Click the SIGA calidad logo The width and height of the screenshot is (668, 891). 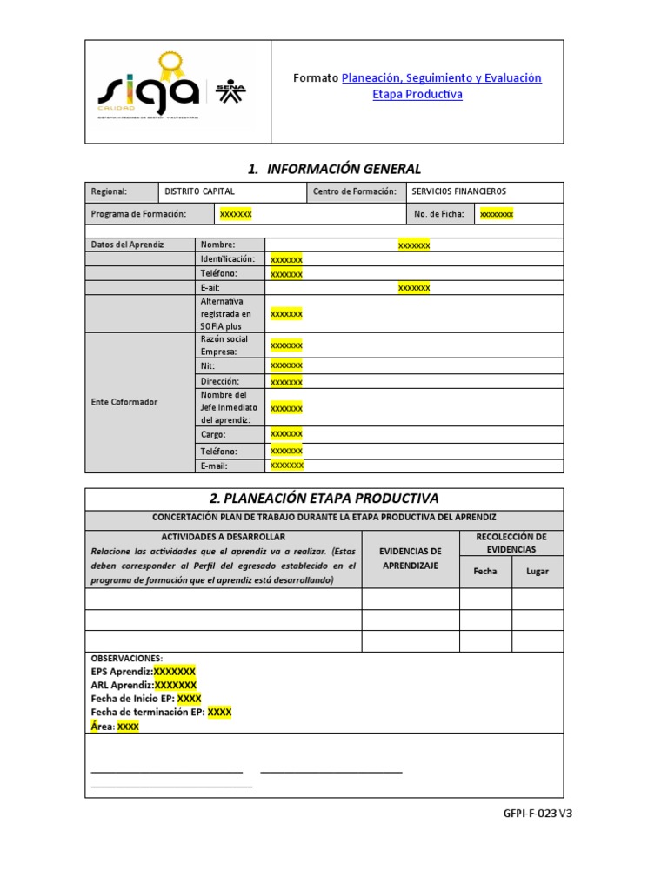(x=149, y=87)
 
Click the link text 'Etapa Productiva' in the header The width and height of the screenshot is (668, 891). (x=417, y=95)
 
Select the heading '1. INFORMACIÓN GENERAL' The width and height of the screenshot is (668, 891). (x=324, y=169)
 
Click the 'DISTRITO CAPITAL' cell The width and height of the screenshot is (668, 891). (x=199, y=191)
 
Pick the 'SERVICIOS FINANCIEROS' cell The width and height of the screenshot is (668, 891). (x=458, y=191)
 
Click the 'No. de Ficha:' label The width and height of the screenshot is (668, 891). (x=438, y=214)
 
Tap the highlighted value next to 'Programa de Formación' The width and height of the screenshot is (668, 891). (x=236, y=214)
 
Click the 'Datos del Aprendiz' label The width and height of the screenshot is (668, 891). (x=128, y=245)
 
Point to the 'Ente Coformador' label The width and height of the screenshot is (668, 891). (x=124, y=402)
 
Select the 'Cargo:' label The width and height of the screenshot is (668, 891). (x=213, y=434)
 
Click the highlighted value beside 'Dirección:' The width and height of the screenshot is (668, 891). (x=286, y=382)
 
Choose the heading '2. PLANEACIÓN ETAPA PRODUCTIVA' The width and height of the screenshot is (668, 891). (x=324, y=499)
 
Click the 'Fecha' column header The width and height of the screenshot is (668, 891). (x=485, y=572)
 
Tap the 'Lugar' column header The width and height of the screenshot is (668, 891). (x=538, y=572)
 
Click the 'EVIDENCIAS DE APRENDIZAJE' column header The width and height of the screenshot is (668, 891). (x=411, y=559)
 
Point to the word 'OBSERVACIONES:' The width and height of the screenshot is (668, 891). (x=127, y=659)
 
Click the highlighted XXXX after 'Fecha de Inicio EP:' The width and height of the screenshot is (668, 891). (x=189, y=699)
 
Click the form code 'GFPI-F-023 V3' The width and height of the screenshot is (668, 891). (x=538, y=814)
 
